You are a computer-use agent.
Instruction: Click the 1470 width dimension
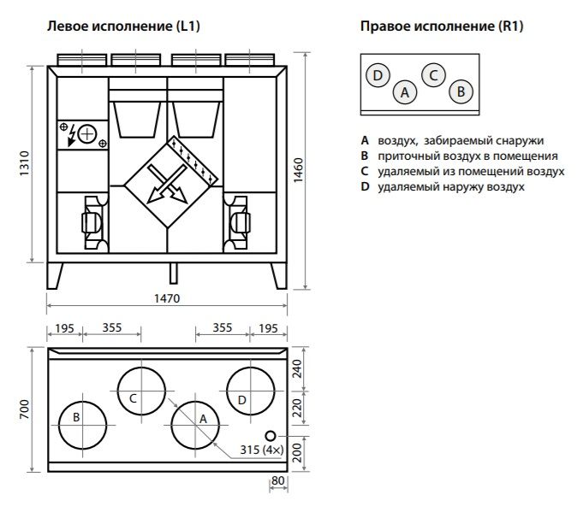pyautogui.click(x=167, y=298)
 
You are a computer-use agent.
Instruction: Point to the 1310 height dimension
pyautogui.click(x=24, y=163)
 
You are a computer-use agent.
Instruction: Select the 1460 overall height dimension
pyautogui.click(x=298, y=170)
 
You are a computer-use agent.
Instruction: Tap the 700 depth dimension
pyautogui.click(x=24, y=409)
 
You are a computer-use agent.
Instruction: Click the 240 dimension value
pyautogui.click(x=297, y=368)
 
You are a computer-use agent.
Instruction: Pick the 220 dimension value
pyautogui.click(x=297, y=408)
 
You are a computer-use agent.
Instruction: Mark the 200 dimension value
pyautogui.click(x=297, y=452)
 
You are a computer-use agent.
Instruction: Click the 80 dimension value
pyautogui.click(x=278, y=480)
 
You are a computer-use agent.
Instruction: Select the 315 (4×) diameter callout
pyautogui.click(x=262, y=450)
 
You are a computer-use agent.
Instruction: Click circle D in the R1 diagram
pyautogui.click(x=378, y=75)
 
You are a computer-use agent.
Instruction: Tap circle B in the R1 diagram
pyautogui.click(x=461, y=91)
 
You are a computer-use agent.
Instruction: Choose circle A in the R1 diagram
pyautogui.click(x=405, y=91)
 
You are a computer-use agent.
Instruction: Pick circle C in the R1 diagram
pyautogui.click(x=433, y=75)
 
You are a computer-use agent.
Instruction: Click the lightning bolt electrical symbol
pyautogui.click(x=72, y=135)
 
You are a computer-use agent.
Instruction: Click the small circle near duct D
pyautogui.click(x=271, y=436)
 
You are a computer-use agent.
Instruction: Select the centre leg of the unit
pyautogui.click(x=173, y=273)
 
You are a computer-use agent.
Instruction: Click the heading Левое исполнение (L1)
pyautogui.click(x=123, y=26)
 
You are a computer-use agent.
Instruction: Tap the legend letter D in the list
pyautogui.click(x=365, y=186)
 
